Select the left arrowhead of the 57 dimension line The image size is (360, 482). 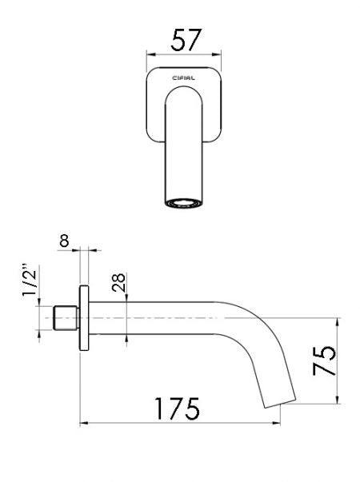click(x=148, y=54)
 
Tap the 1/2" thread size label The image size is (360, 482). click(x=30, y=283)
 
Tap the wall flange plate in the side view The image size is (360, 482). click(x=83, y=318)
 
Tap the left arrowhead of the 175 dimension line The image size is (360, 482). click(x=82, y=423)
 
